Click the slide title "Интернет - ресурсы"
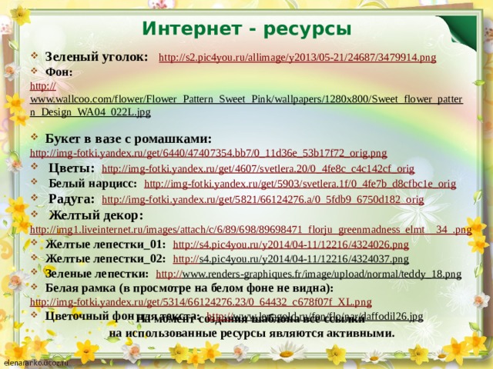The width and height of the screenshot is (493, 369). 246,29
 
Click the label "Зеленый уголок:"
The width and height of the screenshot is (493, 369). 97,57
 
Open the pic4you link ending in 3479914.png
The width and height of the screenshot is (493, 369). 297,58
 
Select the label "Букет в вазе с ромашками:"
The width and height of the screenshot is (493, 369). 128,138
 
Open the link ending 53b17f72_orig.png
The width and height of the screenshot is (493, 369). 208,153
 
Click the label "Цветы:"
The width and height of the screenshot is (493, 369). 72,168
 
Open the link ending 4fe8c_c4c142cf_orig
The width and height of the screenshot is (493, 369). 258,168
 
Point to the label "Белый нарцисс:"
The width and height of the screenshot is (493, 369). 92,184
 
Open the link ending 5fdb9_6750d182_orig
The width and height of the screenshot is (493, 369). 263,200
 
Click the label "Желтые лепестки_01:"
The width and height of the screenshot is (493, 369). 106,244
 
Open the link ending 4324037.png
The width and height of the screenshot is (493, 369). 291,258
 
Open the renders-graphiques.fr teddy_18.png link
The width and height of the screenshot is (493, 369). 309,273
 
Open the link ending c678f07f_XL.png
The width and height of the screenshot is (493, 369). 200,301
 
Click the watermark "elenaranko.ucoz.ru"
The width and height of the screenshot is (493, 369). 36,362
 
